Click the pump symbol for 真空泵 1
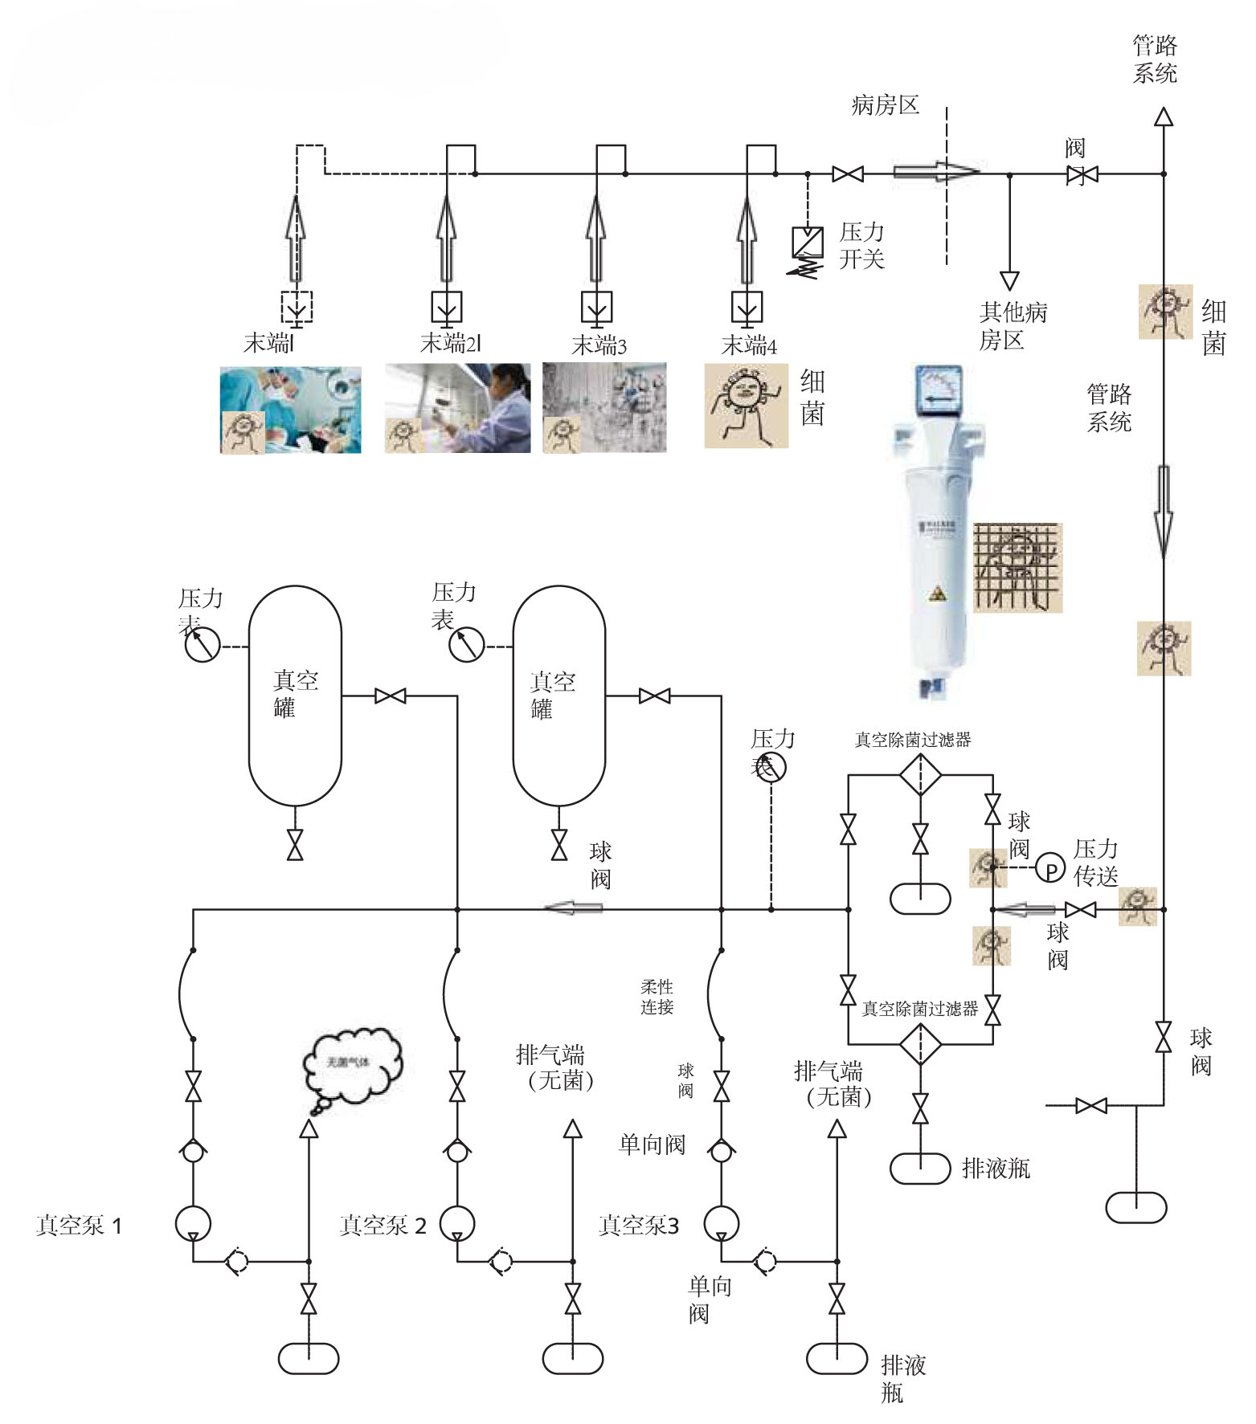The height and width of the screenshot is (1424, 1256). (193, 1224)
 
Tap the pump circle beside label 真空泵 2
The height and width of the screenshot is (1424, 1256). (456, 1224)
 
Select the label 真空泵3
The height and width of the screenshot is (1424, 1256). (639, 1226)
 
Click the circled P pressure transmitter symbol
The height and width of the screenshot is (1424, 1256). (1049, 867)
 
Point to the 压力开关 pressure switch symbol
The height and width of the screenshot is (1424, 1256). (807, 242)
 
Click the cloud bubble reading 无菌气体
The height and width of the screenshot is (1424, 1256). (351, 1063)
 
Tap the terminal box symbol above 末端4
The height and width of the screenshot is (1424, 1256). (747, 308)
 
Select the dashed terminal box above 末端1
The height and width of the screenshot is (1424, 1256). (297, 307)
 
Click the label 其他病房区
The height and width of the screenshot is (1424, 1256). (1013, 326)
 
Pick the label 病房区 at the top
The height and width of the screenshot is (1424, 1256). (885, 105)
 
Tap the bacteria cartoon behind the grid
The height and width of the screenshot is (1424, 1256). (1017, 567)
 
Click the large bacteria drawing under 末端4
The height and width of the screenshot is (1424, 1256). (746, 405)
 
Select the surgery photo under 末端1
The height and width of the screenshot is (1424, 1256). (291, 410)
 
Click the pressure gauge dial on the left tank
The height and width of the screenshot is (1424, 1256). (203, 645)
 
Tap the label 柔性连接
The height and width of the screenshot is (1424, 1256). (657, 997)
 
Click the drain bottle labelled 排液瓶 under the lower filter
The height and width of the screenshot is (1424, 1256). (921, 1169)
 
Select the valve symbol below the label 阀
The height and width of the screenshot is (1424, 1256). (1082, 174)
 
